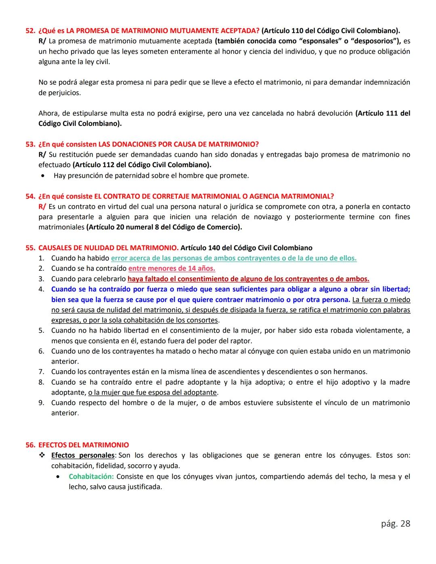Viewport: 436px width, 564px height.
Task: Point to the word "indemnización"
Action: pyautogui.click(x=387, y=82)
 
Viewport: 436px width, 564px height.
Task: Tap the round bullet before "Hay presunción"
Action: pyautogui.click(x=43, y=176)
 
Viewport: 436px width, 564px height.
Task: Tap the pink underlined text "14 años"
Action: pyautogui.click(x=202, y=268)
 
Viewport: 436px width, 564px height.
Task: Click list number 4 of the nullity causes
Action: pyautogui.click(x=41, y=289)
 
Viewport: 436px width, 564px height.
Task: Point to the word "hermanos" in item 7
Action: pyautogui.click(x=352, y=372)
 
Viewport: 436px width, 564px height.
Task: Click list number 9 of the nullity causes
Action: pyautogui.click(x=41, y=403)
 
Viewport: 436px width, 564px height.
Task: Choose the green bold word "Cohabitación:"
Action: pyautogui.click(x=91, y=476)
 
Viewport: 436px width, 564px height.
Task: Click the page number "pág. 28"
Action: pyautogui.click(x=395, y=524)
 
